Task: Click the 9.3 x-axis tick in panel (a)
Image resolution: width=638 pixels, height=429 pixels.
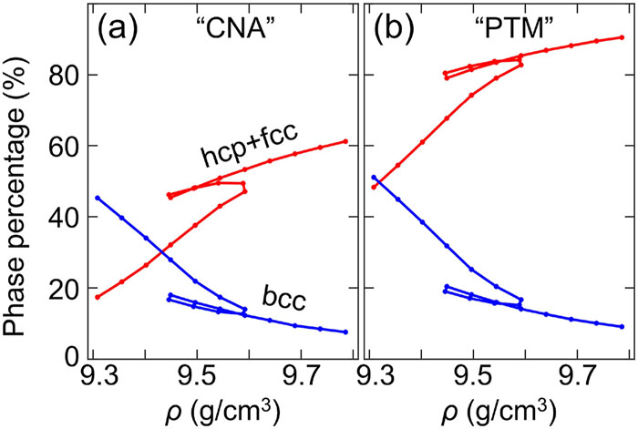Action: (x=98, y=373)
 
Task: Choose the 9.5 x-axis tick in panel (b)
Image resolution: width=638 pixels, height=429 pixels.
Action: (x=472, y=373)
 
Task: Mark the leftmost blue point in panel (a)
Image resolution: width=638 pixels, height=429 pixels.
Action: (x=98, y=198)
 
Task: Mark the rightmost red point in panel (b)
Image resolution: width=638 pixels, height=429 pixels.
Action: (x=622, y=37)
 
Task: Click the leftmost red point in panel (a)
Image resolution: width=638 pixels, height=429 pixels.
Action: (x=98, y=297)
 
